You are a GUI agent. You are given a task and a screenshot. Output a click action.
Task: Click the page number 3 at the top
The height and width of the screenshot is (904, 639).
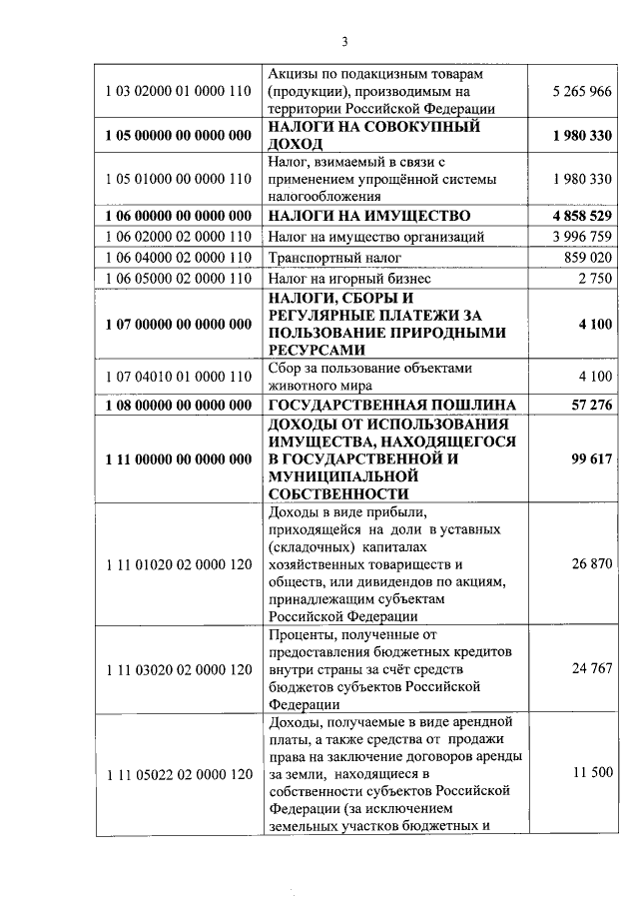(343, 42)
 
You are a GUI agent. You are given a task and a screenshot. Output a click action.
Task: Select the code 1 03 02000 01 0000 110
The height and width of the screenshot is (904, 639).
(178, 92)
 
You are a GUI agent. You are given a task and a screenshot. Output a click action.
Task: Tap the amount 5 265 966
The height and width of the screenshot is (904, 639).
(580, 92)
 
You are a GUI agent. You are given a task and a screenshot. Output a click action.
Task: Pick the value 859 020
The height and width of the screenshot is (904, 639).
(587, 258)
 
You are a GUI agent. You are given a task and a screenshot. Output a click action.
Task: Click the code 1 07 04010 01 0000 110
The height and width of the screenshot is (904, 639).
(178, 377)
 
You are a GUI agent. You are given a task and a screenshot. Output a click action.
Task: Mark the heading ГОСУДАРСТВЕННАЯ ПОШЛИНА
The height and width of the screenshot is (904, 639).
(392, 405)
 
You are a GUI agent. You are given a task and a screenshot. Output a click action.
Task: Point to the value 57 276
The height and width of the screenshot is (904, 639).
(589, 405)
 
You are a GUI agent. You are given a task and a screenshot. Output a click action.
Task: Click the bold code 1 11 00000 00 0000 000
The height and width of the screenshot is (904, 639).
(178, 459)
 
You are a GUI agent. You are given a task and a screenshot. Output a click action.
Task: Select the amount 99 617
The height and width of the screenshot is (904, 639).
(589, 459)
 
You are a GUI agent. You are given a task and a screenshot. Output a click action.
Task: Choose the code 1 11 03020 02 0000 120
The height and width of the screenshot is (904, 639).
(178, 669)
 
